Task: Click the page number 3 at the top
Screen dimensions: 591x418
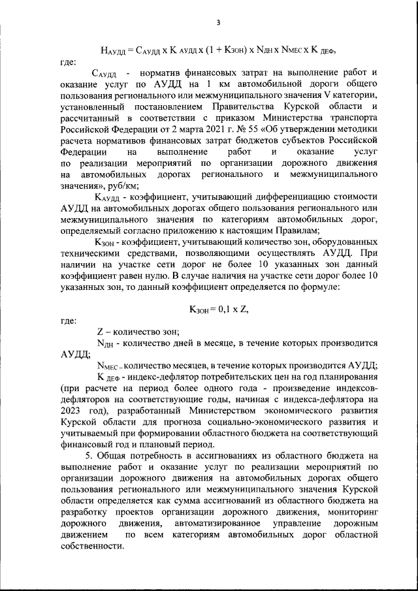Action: pos(218,24)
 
